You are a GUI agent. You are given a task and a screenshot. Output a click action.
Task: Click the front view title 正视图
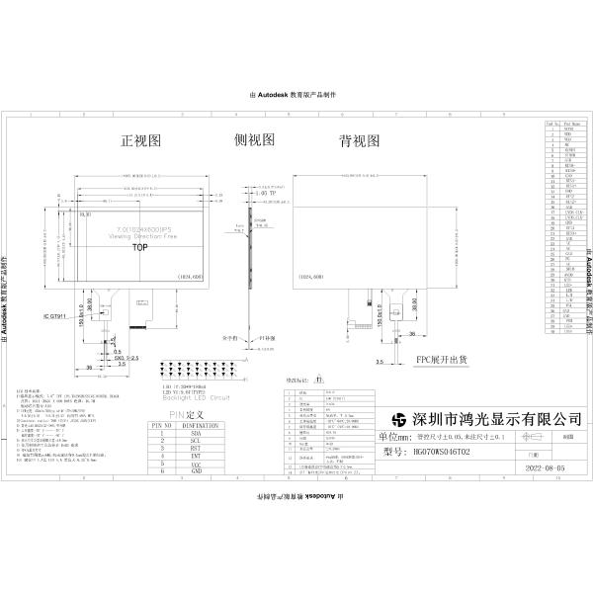(x=140, y=142)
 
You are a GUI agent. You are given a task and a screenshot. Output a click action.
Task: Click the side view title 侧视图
(x=254, y=142)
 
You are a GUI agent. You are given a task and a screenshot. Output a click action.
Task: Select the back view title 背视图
(x=359, y=142)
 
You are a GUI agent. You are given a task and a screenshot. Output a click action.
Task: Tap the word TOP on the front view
(x=140, y=249)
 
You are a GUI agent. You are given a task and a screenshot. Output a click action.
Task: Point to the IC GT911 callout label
(x=58, y=317)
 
